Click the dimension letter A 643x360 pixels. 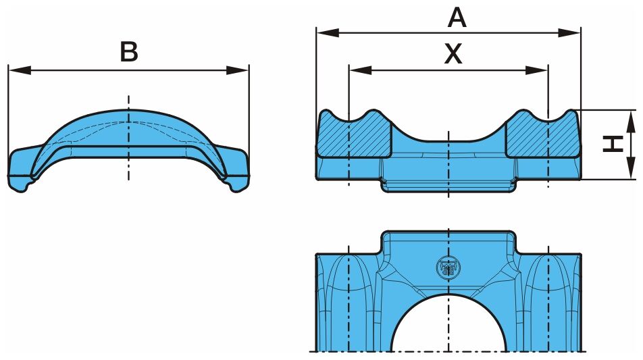tap(457, 18)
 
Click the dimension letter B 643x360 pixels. tap(129, 52)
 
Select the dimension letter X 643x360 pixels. tap(453, 54)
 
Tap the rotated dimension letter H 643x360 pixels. tap(613, 144)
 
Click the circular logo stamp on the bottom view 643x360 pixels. tap(448, 267)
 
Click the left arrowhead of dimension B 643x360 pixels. tap(20, 70)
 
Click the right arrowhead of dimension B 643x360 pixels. tap(238, 70)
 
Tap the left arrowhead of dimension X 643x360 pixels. tap(361, 70)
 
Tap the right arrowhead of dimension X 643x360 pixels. tap(536, 70)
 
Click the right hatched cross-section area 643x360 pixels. tap(542, 135)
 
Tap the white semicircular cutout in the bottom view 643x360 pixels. tap(448, 326)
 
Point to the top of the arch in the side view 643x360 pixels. tap(129, 110)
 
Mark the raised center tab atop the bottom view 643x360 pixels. tap(448, 242)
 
